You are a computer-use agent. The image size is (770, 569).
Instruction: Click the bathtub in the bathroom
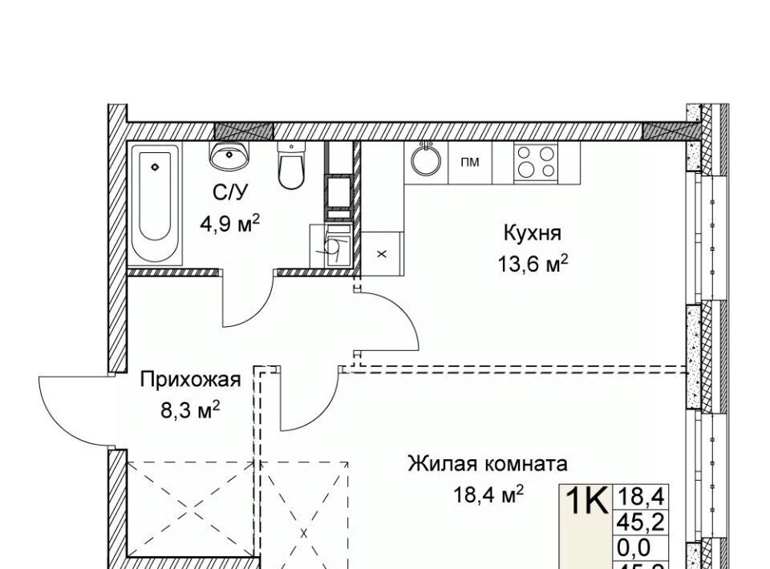click(x=155, y=204)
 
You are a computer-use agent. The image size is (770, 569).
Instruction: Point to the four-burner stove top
click(x=536, y=162)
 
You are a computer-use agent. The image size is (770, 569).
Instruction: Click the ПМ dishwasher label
click(x=470, y=162)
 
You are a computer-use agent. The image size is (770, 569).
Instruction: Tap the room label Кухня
click(x=532, y=233)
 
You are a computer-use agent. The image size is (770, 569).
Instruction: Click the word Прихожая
click(x=191, y=379)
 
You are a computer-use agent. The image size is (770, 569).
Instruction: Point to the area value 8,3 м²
click(x=191, y=410)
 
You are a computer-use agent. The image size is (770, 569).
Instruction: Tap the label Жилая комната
click(x=488, y=463)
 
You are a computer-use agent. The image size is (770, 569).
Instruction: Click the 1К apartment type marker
click(x=586, y=502)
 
